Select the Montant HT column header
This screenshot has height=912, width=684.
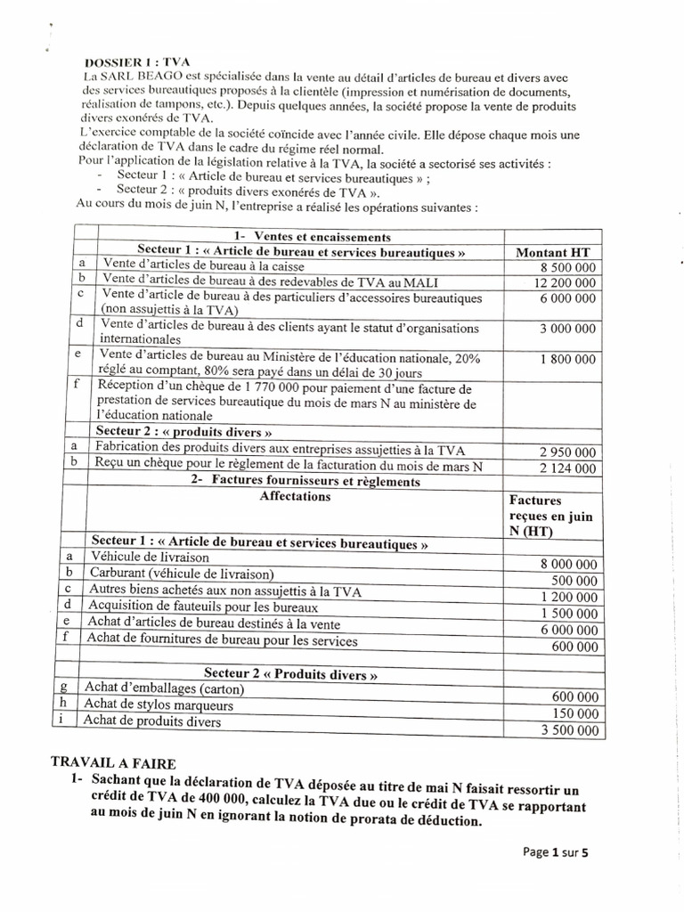[553, 252]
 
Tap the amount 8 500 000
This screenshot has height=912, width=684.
[567, 267]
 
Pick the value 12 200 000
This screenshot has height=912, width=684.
[564, 283]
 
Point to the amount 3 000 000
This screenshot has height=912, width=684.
[567, 329]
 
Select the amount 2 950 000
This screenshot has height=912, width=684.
[567, 452]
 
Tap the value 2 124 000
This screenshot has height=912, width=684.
[567, 468]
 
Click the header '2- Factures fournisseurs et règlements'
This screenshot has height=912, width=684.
[305, 481]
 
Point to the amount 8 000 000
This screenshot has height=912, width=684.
[567, 564]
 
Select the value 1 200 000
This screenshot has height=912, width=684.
[567, 596]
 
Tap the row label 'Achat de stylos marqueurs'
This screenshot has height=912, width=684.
[159, 704]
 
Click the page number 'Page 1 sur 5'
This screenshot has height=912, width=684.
[556, 852]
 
